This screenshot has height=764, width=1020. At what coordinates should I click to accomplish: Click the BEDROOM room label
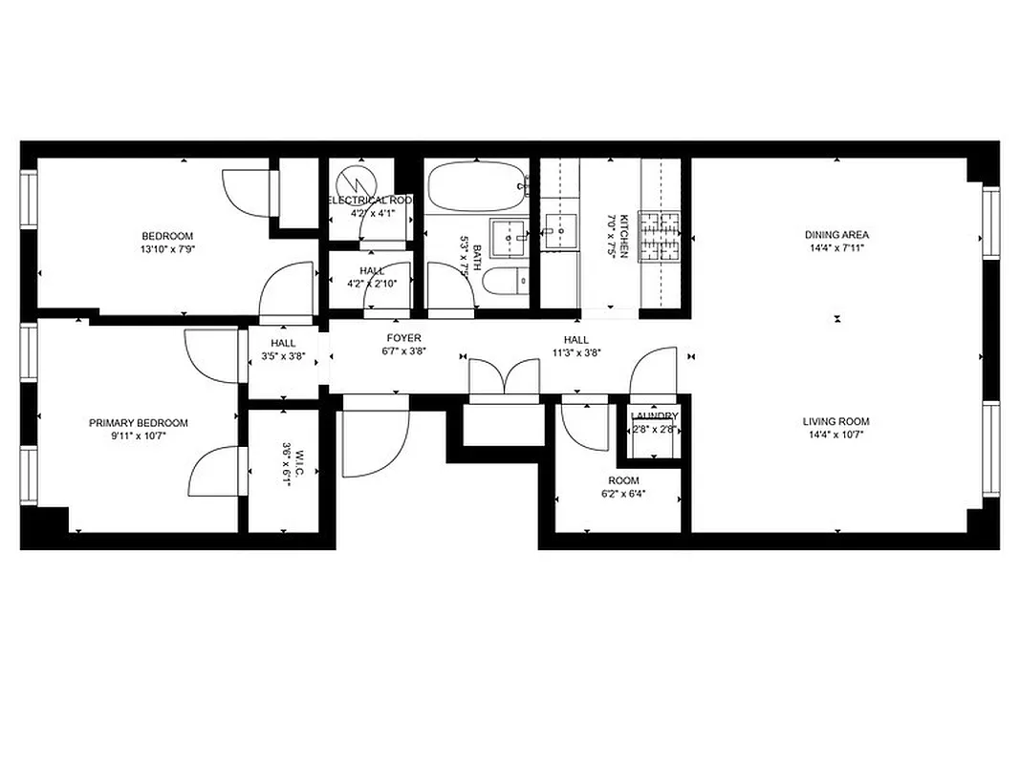(x=167, y=236)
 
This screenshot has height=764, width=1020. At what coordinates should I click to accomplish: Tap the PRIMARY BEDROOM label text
(x=139, y=423)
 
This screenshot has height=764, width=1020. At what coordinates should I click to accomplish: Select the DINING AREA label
(x=836, y=235)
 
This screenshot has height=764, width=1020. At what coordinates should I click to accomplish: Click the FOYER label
(x=403, y=339)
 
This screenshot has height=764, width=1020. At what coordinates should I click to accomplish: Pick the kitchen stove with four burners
(x=659, y=237)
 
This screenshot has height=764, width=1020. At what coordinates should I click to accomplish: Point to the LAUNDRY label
(x=655, y=416)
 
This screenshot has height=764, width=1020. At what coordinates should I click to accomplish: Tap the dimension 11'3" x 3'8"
(x=575, y=353)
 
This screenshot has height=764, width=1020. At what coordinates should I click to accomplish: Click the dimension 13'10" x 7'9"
(x=167, y=249)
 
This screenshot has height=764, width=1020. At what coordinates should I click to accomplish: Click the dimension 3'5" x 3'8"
(x=283, y=357)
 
